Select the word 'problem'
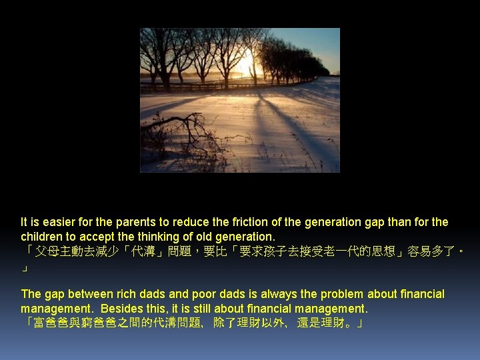point(332,295)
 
